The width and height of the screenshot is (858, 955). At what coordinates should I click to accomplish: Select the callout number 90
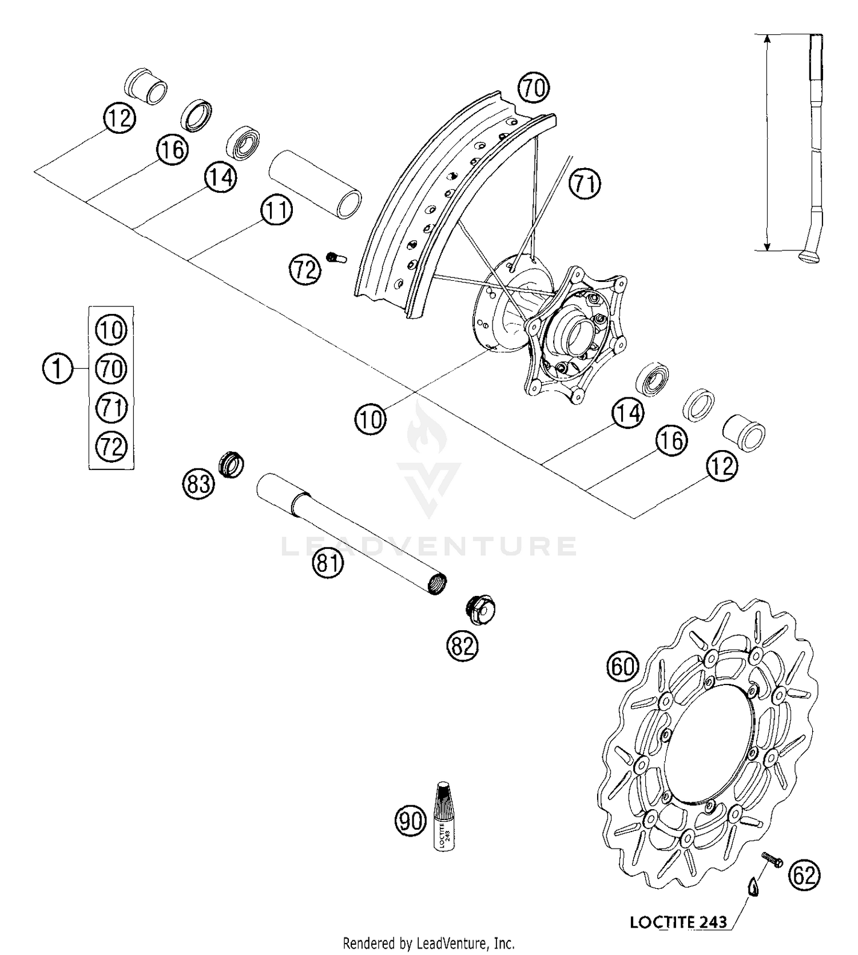click(411, 821)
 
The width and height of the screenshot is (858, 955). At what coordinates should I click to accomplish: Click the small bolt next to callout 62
click(772, 859)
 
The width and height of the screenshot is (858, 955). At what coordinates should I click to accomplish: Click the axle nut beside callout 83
click(232, 465)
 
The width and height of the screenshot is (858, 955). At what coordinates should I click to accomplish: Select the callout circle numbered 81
click(327, 563)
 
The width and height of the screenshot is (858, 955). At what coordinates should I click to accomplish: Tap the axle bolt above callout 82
click(479, 610)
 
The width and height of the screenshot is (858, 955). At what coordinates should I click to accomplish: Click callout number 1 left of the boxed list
click(58, 368)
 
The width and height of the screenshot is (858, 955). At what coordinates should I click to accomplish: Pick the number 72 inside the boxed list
click(111, 446)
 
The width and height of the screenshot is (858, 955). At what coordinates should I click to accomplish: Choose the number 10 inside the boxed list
click(111, 331)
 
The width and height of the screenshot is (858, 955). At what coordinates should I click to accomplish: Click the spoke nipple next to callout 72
click(336, 258)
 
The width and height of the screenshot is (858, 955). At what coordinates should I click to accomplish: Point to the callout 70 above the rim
click(533, 89)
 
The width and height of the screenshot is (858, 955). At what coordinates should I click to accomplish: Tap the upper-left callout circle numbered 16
click(172, 150)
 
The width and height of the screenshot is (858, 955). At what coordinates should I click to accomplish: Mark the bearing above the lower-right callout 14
click(654, 378)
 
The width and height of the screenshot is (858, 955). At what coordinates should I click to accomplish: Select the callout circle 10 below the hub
click(370, 420)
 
